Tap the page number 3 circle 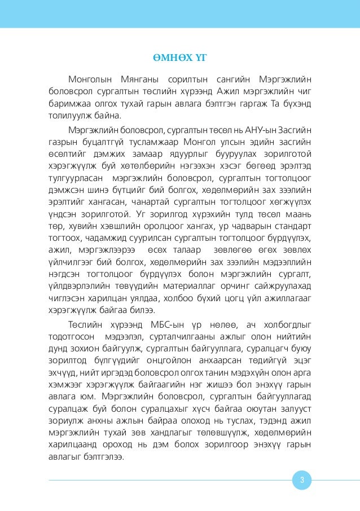(302, 481)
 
